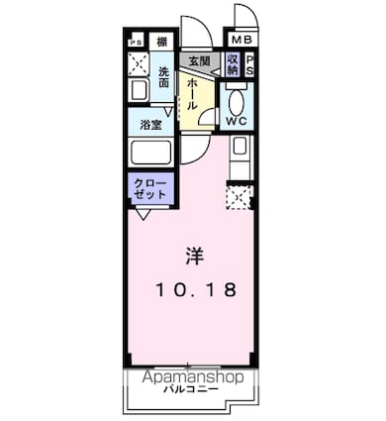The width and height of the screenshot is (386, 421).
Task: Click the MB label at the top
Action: point(241,40)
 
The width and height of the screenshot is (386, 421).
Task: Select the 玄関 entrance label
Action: point(199,61)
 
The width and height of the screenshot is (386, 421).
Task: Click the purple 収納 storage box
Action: point(233,64)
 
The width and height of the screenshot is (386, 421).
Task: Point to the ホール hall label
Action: point(191,96)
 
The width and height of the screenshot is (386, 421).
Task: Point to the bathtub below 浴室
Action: point(151,155)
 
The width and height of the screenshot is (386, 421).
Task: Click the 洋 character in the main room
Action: point(191,254)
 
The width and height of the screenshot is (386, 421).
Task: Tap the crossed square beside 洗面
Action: point(138,65)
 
